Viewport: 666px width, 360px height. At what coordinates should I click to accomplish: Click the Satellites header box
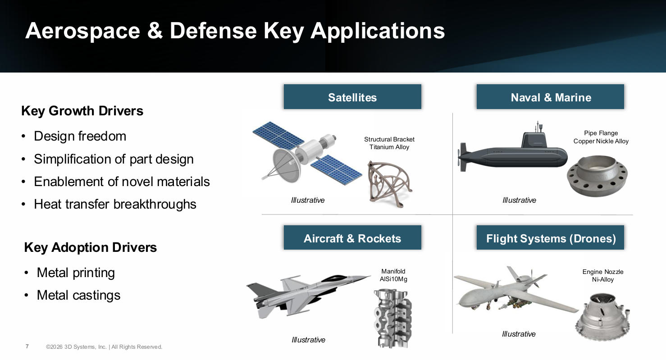pyautogui.click(x=352, y=96)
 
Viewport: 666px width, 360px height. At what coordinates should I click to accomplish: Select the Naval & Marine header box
pyautogui.click(x=550, y=96)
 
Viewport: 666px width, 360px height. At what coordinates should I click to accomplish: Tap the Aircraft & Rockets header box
pyautogui.click(x=352, y=237)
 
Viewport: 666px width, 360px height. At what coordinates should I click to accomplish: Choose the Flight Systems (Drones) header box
pyautogui.click(x=550, y=237)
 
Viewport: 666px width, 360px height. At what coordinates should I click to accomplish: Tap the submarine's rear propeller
pyautogui.click(x=462, y=157)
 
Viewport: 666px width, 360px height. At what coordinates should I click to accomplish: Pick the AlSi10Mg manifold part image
pyautogui.click(x=392, y=319)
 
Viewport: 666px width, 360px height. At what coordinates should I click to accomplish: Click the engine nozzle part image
pyautogui.click(x=602, y=317)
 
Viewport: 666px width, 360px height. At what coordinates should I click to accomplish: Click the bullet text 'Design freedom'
pyautogui.click(x=80, y=136)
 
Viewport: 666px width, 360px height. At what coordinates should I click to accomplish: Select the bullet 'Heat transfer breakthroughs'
pyautogui.click(x=115, y=204)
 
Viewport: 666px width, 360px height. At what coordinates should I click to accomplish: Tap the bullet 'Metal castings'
pyautogui.click(x=78, y=295)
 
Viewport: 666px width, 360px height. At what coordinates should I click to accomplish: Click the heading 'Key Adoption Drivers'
pyautogui.click(x=91, y=247)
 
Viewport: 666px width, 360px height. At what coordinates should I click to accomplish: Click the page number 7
pyautogui.click(x=27, y=346)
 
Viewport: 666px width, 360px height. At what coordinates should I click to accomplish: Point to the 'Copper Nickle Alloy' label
pyautogui.click(x=601, y=141)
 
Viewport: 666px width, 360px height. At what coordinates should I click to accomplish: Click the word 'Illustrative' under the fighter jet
pyautogui.click(x=308, y=340)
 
